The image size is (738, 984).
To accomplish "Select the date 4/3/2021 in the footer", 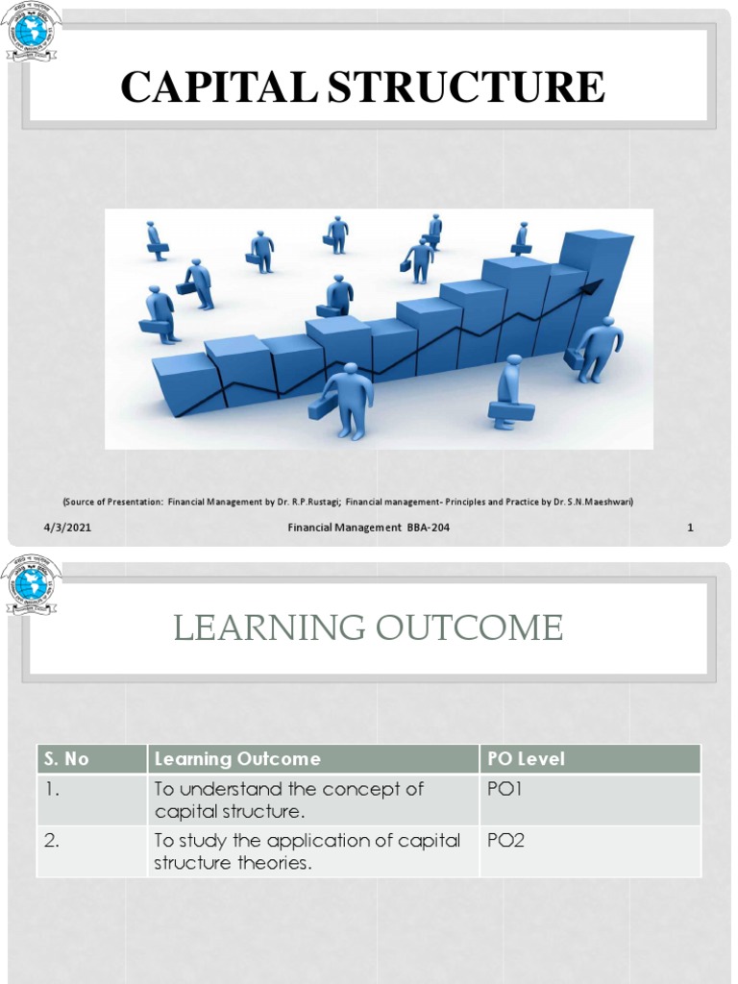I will (67, 527).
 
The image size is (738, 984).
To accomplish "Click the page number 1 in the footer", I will (690, 527).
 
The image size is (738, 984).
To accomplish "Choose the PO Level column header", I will (526, 759).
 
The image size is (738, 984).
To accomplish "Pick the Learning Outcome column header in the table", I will (237, 759).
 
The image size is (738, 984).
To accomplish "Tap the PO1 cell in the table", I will (504, 789).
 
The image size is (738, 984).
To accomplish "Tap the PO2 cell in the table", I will (504, 841).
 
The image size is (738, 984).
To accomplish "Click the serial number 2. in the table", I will (52, 841).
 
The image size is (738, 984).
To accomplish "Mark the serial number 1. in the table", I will (51, 789).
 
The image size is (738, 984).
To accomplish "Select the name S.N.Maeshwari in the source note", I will (598, 502).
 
